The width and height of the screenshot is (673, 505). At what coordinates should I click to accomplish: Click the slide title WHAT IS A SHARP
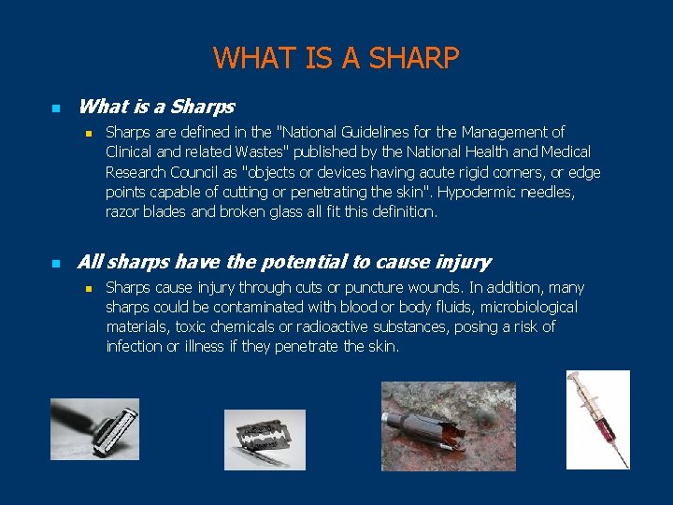coord(336,58)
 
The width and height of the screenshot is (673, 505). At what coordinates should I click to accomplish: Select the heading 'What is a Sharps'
coord(156,108)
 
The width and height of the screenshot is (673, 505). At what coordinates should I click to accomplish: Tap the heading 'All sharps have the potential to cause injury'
coord(284,263)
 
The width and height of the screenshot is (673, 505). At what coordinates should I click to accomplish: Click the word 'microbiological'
coord(524,308)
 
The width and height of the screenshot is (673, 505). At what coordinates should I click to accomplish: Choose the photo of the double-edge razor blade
coord(265,440)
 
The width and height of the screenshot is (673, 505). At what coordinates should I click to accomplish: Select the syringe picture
coord(598,419)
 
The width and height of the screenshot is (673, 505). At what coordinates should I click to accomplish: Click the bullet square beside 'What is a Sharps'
coord(54,108)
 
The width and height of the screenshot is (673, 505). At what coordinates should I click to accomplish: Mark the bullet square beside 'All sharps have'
coord(54,264)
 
